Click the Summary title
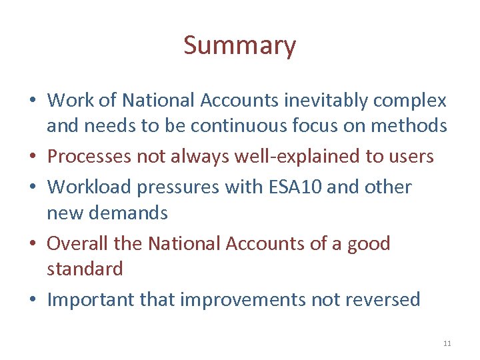coord(239,46)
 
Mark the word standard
coord(85,269)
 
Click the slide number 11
coord(447,343)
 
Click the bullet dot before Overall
coord(33,244)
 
